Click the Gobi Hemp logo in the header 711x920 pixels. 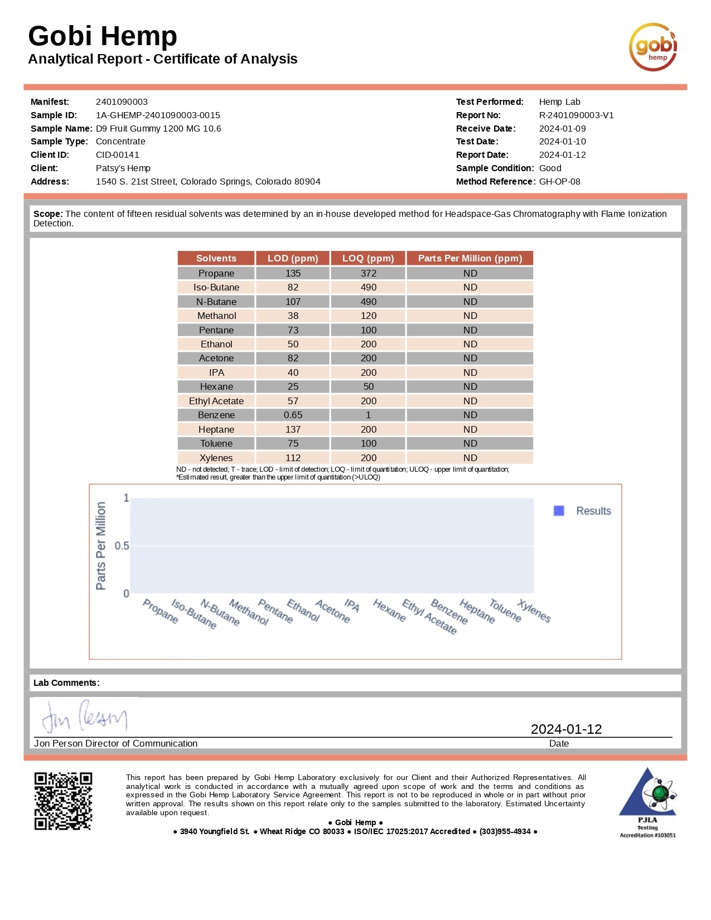point(653,47)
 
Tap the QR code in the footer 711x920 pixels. point(63,801)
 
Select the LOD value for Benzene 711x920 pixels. point(293,415)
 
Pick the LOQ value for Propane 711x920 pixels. point(368,273)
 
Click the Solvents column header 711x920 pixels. point(216,258)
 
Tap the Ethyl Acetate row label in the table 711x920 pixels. point(216,401)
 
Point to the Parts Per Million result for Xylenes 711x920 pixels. point(470,458)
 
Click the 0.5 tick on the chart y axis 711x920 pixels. point(122,545)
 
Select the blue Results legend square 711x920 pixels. point(559,511)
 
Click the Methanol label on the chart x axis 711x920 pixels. point(249,612)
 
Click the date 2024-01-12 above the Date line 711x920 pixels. point(566,729)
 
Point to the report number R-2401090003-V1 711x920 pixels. point(576,115)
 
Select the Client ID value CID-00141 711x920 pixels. point(118,155)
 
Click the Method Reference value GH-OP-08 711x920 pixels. point(559,182)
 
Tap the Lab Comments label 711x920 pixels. point(66,683)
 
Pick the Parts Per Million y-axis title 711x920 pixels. point(101,545)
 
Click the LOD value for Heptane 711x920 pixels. point(293,429)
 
